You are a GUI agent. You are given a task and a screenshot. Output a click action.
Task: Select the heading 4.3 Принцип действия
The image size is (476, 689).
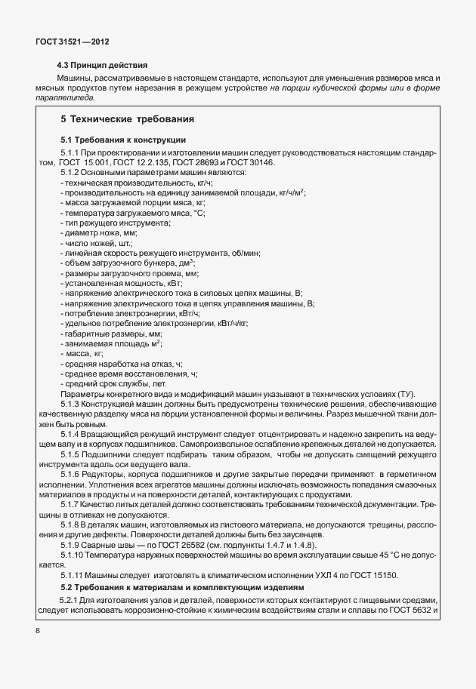point(102,65)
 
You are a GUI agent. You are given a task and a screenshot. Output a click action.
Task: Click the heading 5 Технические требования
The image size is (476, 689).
point(127,119)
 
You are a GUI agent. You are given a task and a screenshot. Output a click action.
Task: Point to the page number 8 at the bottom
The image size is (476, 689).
point(38,629)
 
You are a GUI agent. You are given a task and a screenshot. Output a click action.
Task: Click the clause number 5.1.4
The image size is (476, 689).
point(70,435)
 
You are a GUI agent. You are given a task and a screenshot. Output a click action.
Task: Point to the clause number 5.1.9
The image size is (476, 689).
point(70,545)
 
